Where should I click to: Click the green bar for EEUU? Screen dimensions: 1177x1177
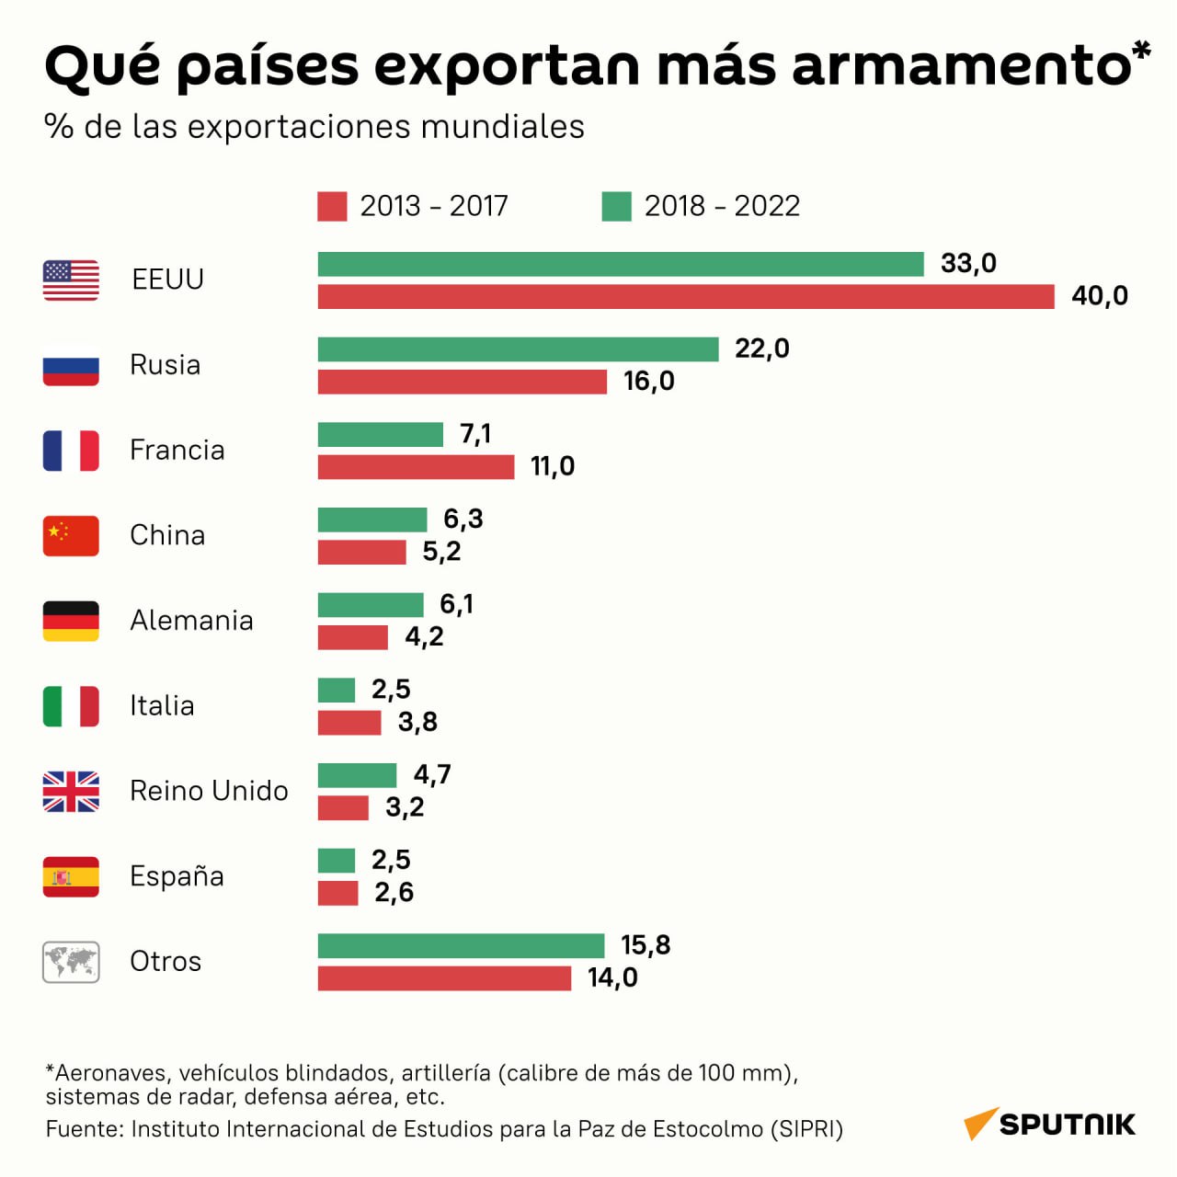coord(621,265)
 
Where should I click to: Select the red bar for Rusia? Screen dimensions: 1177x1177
coord(463,382)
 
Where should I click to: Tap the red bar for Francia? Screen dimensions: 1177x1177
coord(416,467)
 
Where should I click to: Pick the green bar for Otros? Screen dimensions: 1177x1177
coord(462,946)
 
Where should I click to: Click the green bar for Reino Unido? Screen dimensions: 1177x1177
coord(358,776)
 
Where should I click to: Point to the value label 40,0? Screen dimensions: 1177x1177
coord(1100,296)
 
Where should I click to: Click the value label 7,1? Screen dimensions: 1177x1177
coord(475,434)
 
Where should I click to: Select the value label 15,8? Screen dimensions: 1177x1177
coord(646,945)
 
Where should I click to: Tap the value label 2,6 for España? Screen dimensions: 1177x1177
coord(394,892)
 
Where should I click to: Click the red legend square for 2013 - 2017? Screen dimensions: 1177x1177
coord(332,207)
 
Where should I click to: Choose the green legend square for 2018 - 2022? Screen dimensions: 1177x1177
coord(616,207)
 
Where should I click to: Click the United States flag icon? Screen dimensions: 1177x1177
coord(71,280)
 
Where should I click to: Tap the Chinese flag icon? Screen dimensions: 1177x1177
coord(71,536)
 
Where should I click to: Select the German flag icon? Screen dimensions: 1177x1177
coord(71,622)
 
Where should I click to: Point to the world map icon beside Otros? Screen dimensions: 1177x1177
coord(71,962)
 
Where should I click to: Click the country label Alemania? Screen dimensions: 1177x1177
coord(192,621)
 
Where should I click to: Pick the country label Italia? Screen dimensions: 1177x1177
coord(162,705)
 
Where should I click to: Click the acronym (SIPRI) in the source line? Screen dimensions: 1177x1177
coord(806,1129)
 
